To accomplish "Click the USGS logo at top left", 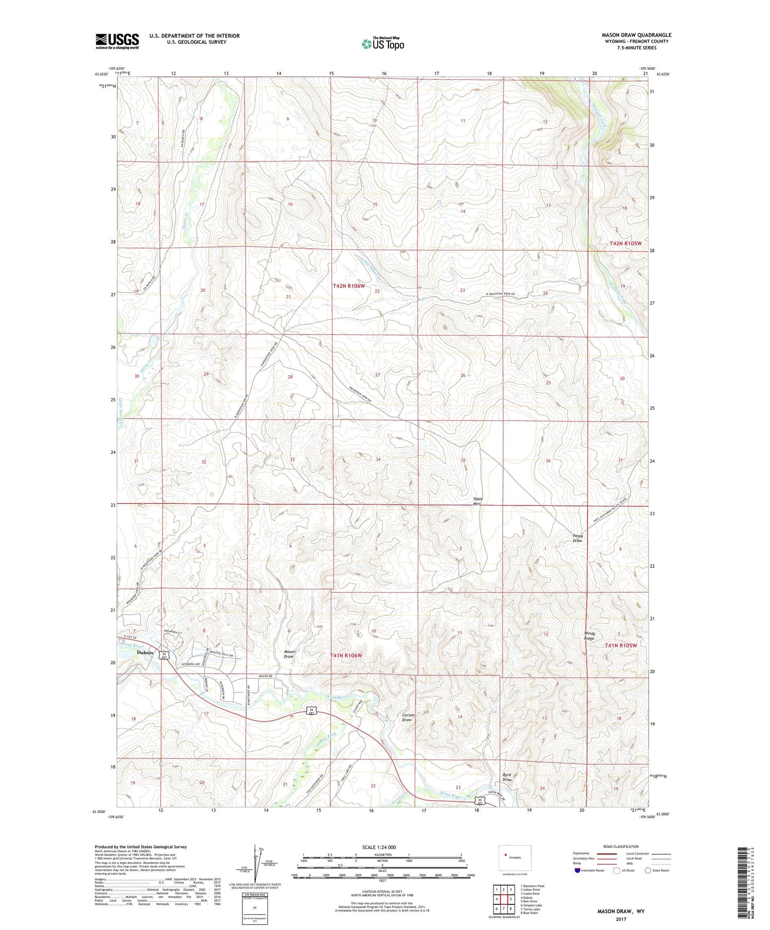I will coord(117,41).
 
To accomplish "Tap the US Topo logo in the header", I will coord(383,43).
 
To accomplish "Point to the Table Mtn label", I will coord(477,501).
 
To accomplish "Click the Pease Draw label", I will coord(578,538).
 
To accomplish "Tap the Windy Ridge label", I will coord(589,636).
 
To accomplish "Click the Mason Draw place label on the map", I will coord(289,654).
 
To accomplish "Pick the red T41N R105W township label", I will coord(621,645).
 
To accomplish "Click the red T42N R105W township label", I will coord(626,243).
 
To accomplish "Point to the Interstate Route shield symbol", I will coord(577,871).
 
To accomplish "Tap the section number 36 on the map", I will coord(548,461).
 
